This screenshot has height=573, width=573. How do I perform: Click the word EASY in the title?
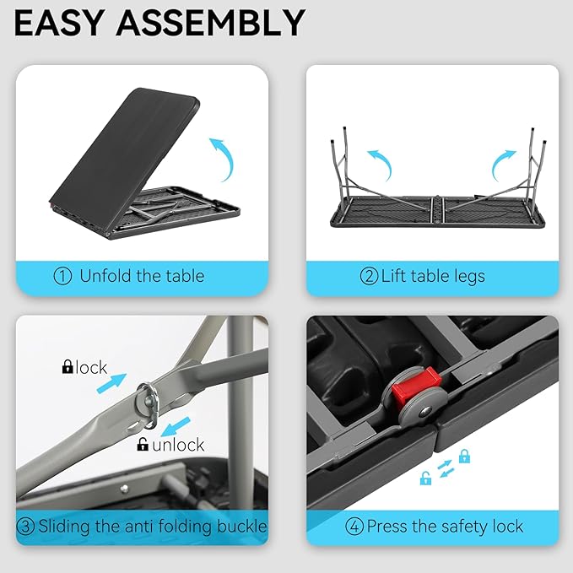pyautogui.click(x=63, y=23)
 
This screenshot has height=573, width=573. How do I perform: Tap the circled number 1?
pyautogui.click(x=62, y=276)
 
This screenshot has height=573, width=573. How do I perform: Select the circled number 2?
pyautogui.click(x=369, y=276)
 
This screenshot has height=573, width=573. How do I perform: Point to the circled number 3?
pyautogui.click(x=26, y=527)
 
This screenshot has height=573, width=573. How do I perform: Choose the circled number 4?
pyautogui.click(x=354, y=527)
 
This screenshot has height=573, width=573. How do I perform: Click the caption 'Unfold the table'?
pyautogui.click(x=142, y=276)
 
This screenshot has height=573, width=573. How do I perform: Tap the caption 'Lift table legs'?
pyautogui.click(x=433, y=276)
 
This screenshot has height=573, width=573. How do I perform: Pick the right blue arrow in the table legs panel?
pyautogui.click(x=503, y=160)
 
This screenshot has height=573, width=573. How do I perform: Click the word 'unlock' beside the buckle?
pyautogui.click(x=178, y=445)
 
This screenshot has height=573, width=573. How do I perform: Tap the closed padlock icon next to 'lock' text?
pyautogui.click(x=68, y=367)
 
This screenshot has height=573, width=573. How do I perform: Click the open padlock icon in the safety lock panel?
pyautogui.click(x=426, y=478)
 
